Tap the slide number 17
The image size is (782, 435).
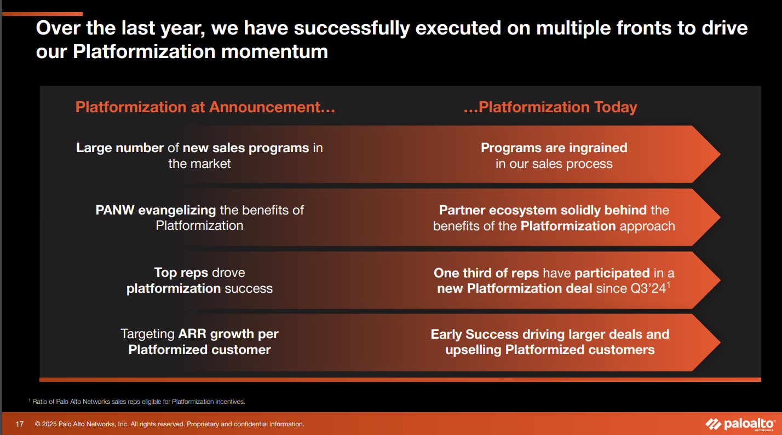coord(20,424)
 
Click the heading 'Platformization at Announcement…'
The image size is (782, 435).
coord(205,107)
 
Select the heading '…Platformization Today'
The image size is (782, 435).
coord(550,107)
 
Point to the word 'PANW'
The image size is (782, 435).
coord(115,210)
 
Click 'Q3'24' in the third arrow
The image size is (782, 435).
coord(648,288)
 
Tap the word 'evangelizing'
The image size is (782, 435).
coord(177,210)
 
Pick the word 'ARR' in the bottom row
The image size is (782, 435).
coord(192,334)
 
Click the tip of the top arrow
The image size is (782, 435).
coord(720,154)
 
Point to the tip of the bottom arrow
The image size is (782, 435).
coord(720,342)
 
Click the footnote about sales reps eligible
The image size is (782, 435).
coord(137,402)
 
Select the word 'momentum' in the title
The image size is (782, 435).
coord(275,51)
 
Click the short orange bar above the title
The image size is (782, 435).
coord(42,14)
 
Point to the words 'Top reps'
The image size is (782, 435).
coord(181,273)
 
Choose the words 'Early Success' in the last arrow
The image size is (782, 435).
coord(475,334)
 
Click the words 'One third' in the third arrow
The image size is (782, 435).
coord(465,273)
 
